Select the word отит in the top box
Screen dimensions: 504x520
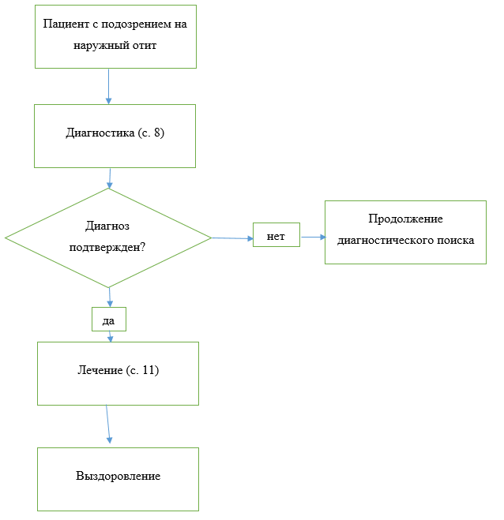pyautogui.click(x=145, y=45)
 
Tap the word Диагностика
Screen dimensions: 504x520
pyautogui.click(x=100, y=133)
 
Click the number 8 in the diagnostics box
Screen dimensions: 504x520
pyautogui.click(x=156, y=133)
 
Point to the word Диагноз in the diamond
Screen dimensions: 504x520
pyautogui.click(x=107, y=226)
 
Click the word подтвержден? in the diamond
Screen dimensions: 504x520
pyautogui.click(x=107, y=247)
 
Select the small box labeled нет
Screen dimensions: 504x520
pyautogui.click(x=276, y=235)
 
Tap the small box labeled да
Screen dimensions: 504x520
pyautogui.click(x=109, y=319)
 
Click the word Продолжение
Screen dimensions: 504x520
pyautogui.click(x=405, y=219)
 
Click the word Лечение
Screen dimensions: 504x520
pyautogui.click(x=100, y=370)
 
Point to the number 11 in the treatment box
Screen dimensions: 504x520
pyautogui.click(x=149, y=370)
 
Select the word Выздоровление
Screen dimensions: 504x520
pyautogui.click(x=118, y=476)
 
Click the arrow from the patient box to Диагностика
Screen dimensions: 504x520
pyautogui.click(x=108, y=87)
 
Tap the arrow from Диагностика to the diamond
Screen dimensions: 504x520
pyautogui.click(x=110, y=178)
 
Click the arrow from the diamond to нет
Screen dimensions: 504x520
pyautogui.click(x=232, y=238)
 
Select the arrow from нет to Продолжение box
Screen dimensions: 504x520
pyautogui.click(x=313, y=238)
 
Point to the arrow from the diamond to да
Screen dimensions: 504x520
pyautogui.click(x=110, y=297)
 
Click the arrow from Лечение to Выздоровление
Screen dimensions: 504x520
pyautogui.click(x=108, y=425)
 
